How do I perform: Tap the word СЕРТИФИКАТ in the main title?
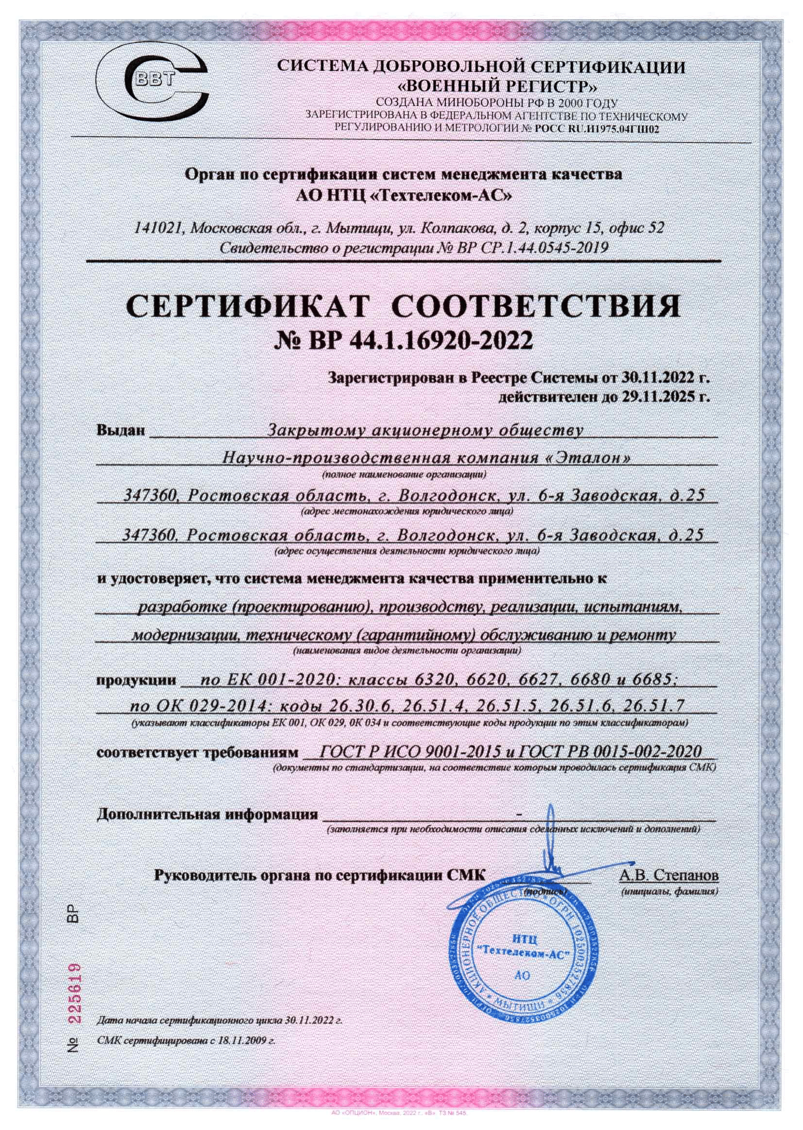click(248, 307)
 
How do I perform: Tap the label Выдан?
click(121, 431)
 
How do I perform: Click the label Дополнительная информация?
click(207, 815)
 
